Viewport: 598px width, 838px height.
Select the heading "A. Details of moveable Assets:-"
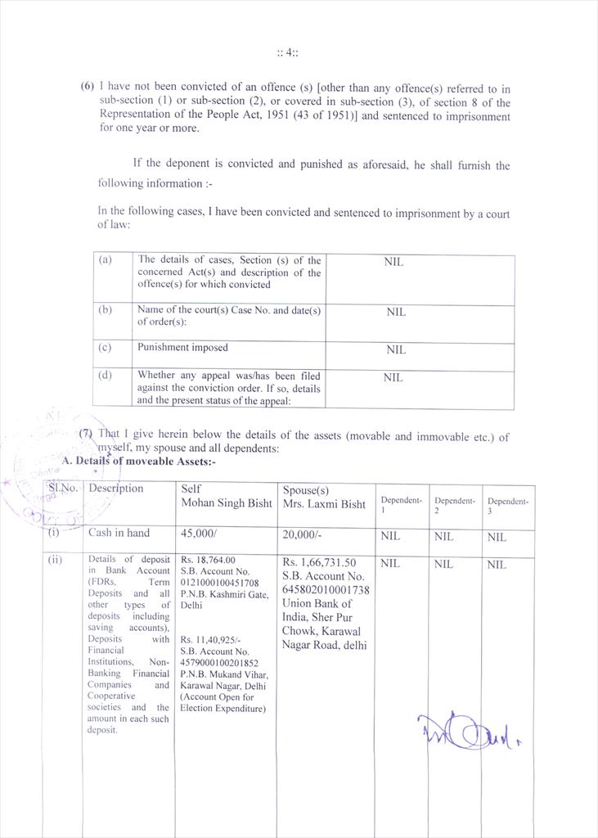point(139,462)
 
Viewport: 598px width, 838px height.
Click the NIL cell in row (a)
point(393,263)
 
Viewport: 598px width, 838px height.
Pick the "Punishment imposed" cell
point(182,348)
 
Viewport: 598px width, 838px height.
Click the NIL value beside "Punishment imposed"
point(396,350)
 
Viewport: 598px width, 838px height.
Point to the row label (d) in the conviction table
point(105,376)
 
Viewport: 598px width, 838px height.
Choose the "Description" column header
point(115,489)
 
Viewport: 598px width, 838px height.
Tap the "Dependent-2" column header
point(454,506)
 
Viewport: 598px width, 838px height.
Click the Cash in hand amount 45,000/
point(200,534)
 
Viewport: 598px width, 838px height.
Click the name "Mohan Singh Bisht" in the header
point(225,503)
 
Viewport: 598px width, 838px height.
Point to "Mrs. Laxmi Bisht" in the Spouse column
point(324,504)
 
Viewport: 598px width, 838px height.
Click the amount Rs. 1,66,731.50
point(320,563)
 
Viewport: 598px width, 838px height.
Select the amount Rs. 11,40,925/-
point(210,640)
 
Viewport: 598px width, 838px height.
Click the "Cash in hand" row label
point(119,534)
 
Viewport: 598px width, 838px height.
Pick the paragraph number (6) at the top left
point(88,86)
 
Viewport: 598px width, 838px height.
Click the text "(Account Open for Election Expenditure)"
point(223,703)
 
